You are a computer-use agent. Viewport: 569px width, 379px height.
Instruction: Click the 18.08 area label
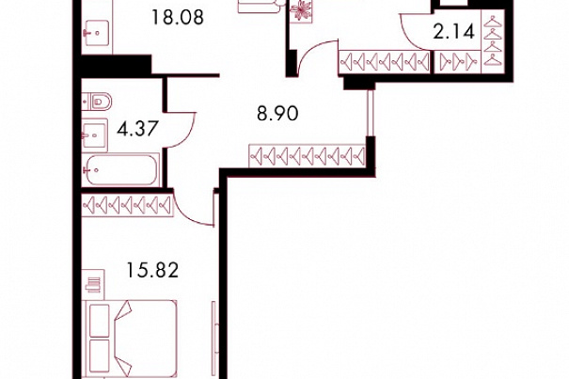(178, 18)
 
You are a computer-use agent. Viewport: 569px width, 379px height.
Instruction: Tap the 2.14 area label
(454, 32)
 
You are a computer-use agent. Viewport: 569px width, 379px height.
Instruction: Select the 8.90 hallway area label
(278, 114)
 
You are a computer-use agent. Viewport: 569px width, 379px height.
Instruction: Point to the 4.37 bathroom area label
(137, 129)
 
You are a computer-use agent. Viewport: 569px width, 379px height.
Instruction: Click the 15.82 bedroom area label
(152, 270)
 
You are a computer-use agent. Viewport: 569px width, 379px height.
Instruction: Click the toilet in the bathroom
(97, 102)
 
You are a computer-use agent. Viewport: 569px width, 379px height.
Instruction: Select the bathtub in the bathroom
(120, 169)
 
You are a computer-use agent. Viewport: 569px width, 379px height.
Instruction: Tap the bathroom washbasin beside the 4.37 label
(95, 135)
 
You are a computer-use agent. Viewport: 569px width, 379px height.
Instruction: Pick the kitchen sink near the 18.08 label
(97, 33)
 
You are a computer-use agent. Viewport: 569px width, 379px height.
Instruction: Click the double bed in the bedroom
(129, 339)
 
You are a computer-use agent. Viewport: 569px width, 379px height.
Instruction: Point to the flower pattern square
(301, 10)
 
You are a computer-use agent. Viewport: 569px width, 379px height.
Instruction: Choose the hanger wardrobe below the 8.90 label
(308, 156)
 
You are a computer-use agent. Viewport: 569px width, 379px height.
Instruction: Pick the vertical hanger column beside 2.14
(493, 41)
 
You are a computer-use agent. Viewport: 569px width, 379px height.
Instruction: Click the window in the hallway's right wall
(371, 113)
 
